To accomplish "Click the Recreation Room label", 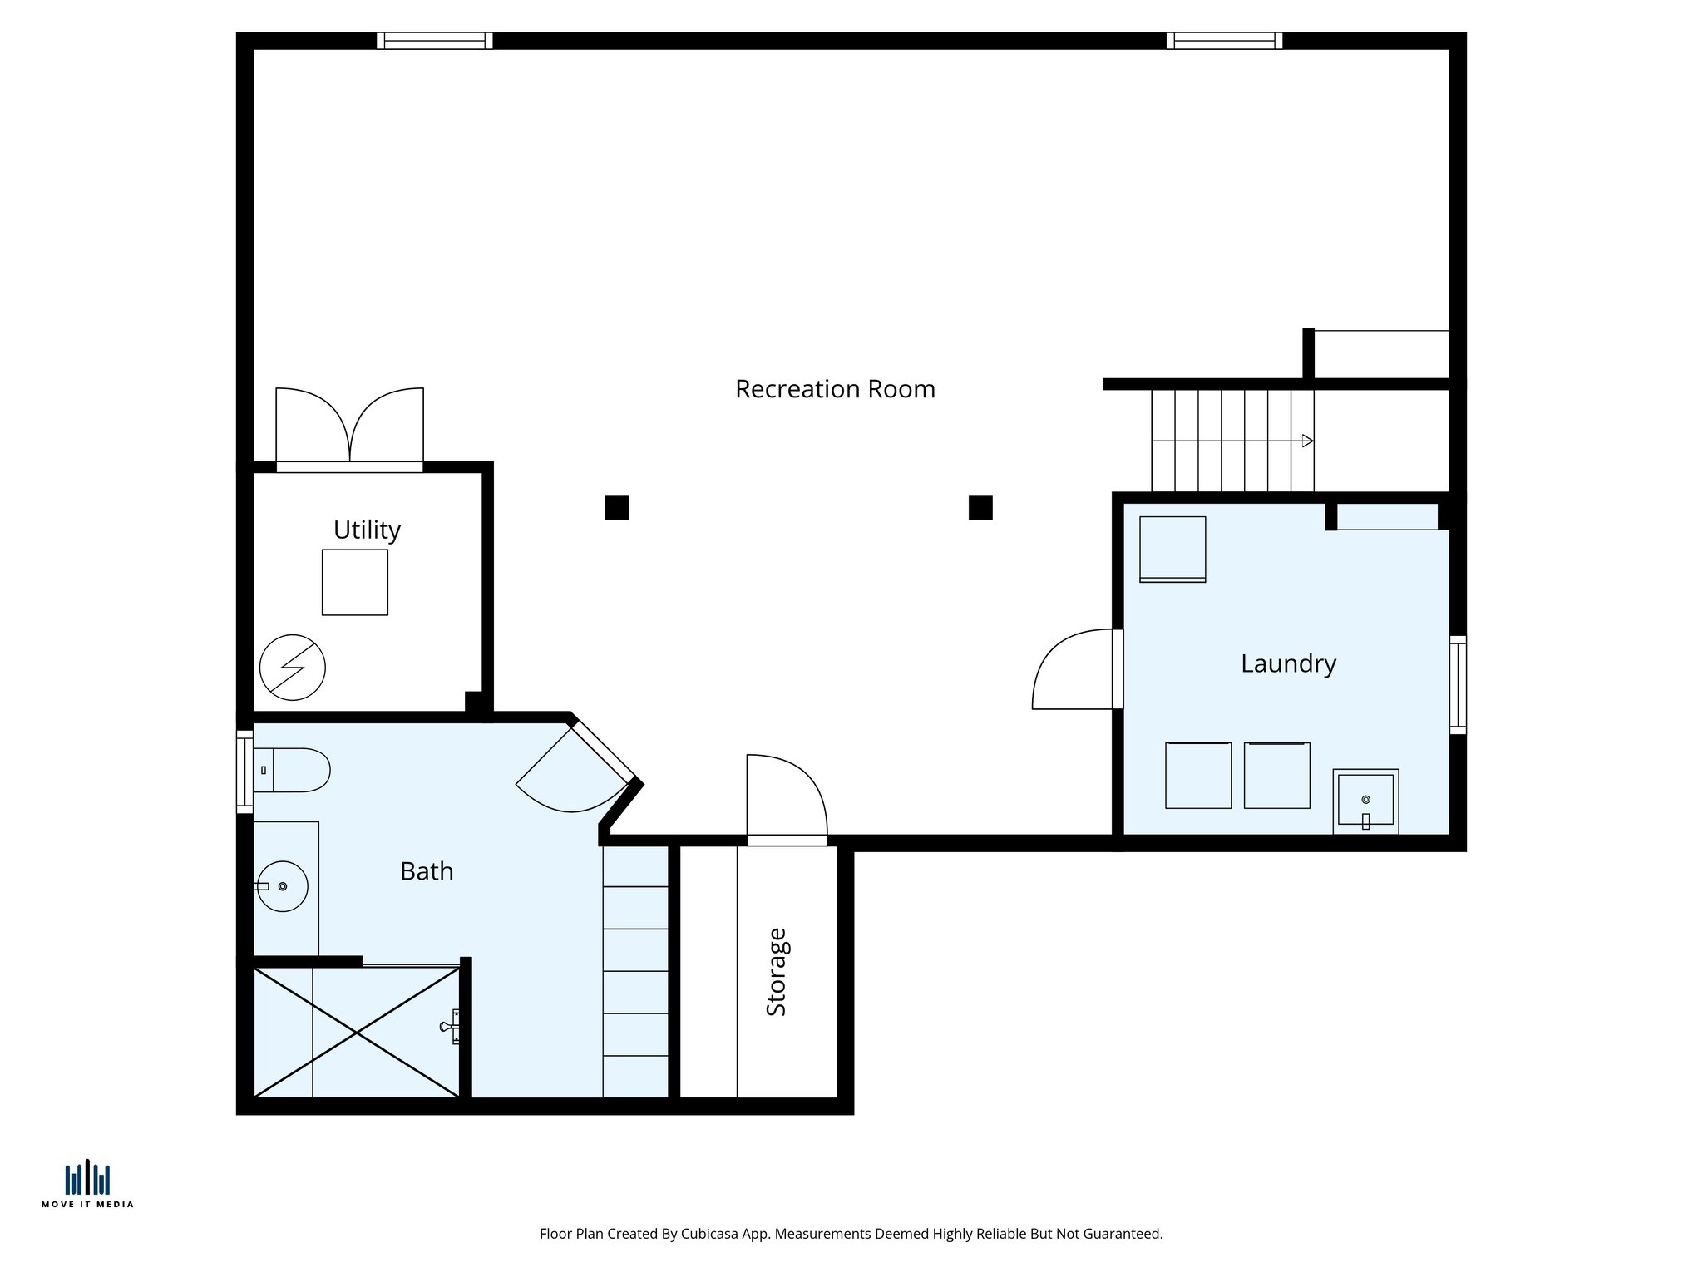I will [x=835, y=389].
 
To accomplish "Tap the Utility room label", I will [x=367, y=530].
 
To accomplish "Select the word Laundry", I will [x=1288, y=663].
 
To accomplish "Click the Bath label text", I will [x=427, y=871].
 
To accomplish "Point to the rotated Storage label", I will [x=776, y=971].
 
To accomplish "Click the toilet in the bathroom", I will [x=295, y=770].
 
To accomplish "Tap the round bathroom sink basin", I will [x=283, y=886].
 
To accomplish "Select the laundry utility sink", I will [x=1365, y=801].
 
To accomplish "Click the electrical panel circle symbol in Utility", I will [x=292, y=667].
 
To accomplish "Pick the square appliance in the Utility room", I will [x=355, y=582].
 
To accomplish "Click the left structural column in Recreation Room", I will [x=616, y=507].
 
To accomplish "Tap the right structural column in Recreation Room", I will [x=980, y=507].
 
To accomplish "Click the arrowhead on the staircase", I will [x=1307, y=441].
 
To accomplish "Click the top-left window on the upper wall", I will [x=434, y=41].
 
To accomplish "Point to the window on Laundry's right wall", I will [x=1458, y=684].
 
